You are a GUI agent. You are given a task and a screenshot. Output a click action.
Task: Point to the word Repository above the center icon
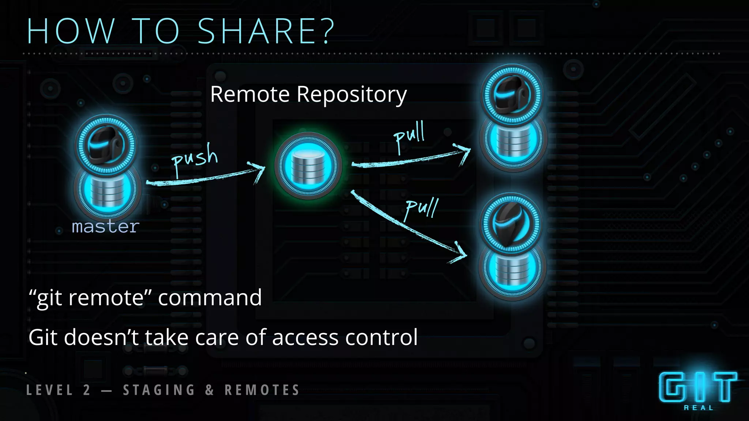351,95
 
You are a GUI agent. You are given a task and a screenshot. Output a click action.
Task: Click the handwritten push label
195,159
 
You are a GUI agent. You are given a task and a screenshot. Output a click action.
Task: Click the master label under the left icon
106,227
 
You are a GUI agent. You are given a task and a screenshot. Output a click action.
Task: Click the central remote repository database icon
308,166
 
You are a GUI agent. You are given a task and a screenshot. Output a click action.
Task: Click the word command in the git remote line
210,297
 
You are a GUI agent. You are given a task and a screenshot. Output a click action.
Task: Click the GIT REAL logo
698,390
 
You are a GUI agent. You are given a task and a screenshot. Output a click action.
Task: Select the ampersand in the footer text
210,390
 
